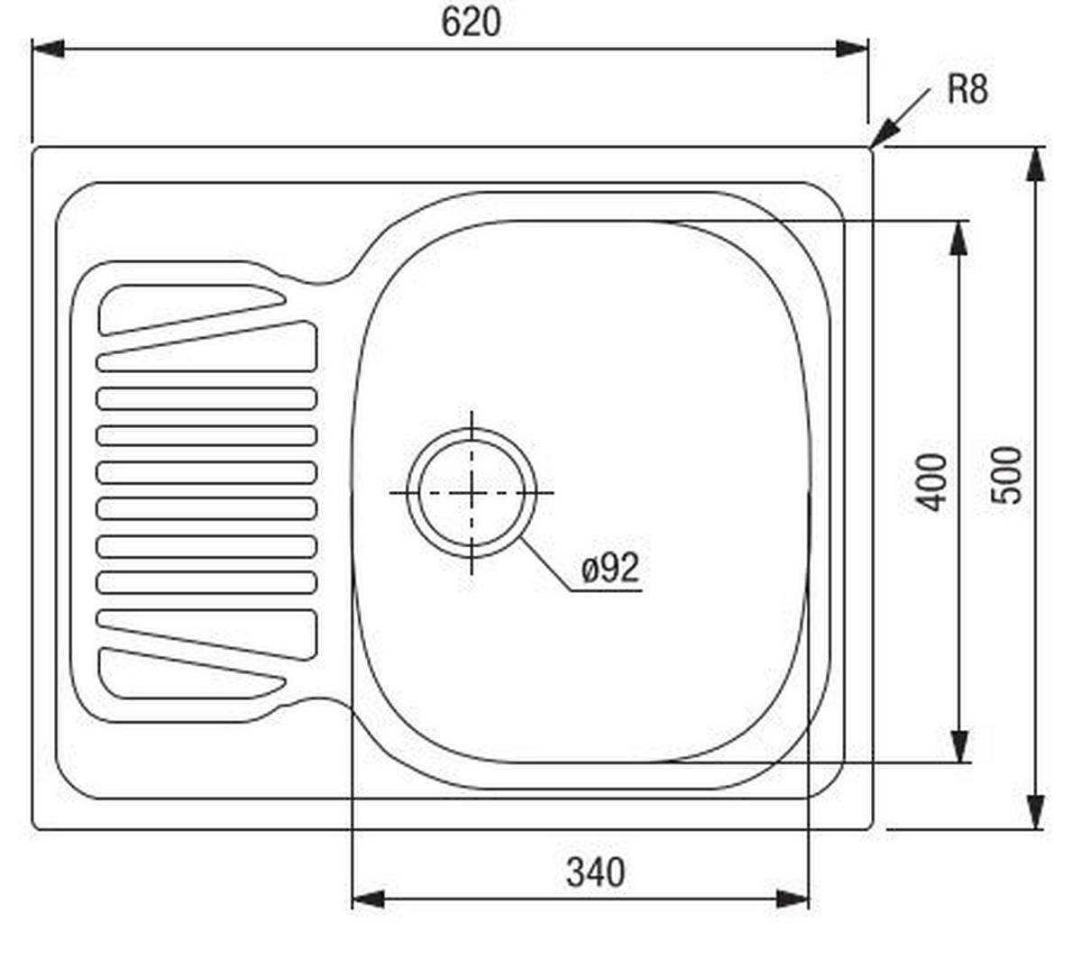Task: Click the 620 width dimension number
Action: coord(471,23)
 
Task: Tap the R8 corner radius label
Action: coord(967,89)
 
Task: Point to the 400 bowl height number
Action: coord(934,482)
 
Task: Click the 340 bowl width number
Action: coord(595,872)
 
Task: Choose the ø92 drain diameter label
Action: coord(610,568)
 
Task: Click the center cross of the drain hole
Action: coord(472,492)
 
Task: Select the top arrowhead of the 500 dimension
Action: coord(1036,165)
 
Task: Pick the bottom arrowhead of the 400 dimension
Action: coord(960,745)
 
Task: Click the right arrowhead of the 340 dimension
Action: coord(793,899)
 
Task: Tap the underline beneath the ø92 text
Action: coord(607,591)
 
